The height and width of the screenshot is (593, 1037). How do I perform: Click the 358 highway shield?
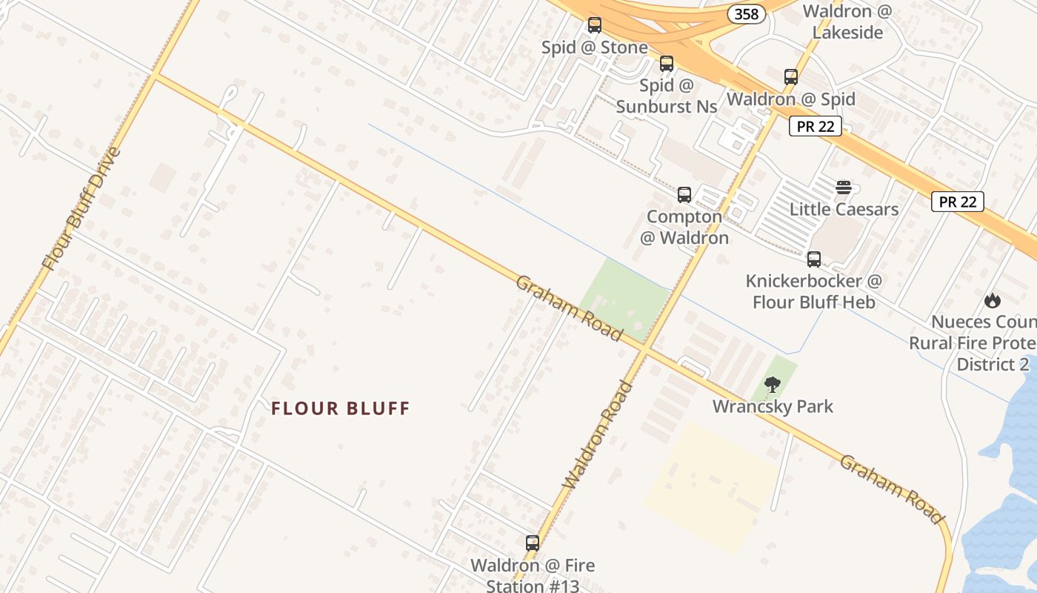point(746,14)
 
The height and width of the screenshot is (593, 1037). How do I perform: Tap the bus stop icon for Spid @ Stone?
point(595,25)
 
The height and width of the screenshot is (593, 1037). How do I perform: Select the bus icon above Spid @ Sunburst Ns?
point(667,64)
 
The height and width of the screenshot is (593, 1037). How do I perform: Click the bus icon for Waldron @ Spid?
point(791,77)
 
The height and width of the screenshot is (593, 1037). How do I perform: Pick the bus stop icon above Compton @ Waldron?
point(684,195)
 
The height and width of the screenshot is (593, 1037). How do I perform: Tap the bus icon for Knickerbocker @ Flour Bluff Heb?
point(814,259)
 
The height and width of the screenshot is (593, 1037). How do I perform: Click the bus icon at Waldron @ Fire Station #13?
point(533,543)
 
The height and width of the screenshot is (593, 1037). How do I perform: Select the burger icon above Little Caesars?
point(844,188)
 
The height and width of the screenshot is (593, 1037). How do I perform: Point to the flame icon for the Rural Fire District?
point(993,300)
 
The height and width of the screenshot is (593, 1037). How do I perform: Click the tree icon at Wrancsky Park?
point(773,385)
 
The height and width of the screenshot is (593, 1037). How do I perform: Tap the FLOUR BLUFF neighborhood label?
point(340,408)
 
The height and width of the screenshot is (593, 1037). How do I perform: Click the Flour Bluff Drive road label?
point(81,208)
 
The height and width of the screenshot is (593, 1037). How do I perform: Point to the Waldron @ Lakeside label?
point(847,21)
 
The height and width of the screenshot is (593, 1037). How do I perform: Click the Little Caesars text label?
point(844,209)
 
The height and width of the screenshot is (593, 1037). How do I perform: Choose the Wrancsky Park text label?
point(773,406)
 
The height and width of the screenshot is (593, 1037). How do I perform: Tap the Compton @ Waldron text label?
point(684,227)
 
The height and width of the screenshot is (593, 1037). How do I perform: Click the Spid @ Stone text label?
point(595,47)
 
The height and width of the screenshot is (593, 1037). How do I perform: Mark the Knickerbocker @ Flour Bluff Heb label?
point(814,291)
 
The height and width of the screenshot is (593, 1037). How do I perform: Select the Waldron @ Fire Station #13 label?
point(533,575)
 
